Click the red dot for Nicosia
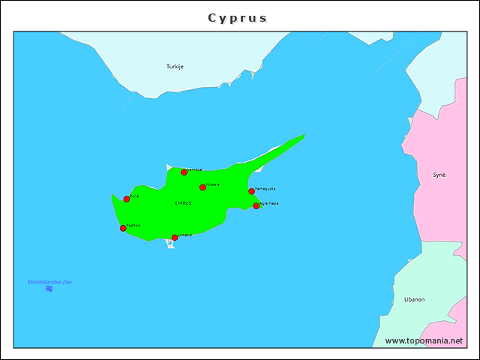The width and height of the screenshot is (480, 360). coord(202,187)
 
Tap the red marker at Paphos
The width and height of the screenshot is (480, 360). coord(123,228)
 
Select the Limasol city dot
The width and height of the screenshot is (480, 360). coord(175,238)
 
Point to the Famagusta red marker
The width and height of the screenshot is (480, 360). coord(251,191)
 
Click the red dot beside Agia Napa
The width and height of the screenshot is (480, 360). coord(256,205)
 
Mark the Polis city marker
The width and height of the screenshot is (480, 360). coord(127,199)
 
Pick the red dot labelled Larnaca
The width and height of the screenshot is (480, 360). coord(184,172)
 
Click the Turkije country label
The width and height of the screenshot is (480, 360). coord(175,67)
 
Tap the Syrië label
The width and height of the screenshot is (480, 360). coord(439,175)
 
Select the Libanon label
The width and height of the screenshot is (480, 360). coord(414,299)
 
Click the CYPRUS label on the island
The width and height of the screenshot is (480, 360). coord(182,203)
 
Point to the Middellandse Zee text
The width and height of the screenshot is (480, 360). coord(49,282)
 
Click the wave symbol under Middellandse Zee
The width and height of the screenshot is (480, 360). coord(49,289)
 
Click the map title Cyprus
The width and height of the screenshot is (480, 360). coord(237,18)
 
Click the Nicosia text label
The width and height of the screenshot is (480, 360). coord(213,184)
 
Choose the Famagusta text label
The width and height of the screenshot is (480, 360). coord(265,188)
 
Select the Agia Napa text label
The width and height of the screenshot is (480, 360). coord(269,202)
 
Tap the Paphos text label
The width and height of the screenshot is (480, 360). coord(133,225)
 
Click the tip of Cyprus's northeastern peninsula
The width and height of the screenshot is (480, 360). coord(304,135)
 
